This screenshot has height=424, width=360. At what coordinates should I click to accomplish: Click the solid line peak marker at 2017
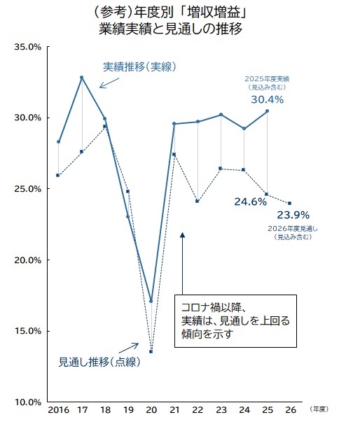[x=82, y=78]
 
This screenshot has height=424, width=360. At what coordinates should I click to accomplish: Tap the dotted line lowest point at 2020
[x=151, y=351]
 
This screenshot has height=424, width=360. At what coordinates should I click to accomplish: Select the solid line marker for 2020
[x=151, y=302]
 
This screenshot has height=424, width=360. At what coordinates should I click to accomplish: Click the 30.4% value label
[x=267, y=100]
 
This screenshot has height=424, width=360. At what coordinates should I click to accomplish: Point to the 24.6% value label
[x=251, y=202]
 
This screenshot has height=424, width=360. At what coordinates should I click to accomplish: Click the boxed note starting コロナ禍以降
[x=235, y=320]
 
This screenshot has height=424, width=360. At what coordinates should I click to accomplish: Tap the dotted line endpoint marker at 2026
[x=290, y=204]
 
